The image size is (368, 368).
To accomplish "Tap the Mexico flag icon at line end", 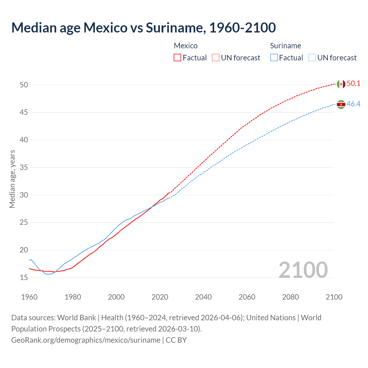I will pos(341,84).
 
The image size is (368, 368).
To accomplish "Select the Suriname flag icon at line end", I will pos(341,104).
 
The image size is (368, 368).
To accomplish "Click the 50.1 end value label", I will pos(353,84).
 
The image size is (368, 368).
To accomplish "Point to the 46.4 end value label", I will pos(353,104).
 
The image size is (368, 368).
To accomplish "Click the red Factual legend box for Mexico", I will pos(177,58).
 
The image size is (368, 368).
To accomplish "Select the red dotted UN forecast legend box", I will pos(216,58).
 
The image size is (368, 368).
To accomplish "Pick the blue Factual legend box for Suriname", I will pos(274,58).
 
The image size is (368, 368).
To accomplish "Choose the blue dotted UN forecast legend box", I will pos(312,58).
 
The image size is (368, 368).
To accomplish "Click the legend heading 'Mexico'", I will pos(186,46).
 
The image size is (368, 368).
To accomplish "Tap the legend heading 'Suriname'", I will pos(285,46).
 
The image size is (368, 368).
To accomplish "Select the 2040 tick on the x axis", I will pos(203,297).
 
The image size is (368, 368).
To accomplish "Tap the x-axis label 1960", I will pos(29,297).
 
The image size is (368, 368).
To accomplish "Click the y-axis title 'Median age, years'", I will pos(12,179).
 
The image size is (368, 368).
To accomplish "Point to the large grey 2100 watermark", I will pos(303,270).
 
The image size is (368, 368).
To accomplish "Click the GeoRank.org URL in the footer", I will pos(86,340).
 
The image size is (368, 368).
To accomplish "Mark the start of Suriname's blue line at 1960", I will pos(29,260).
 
